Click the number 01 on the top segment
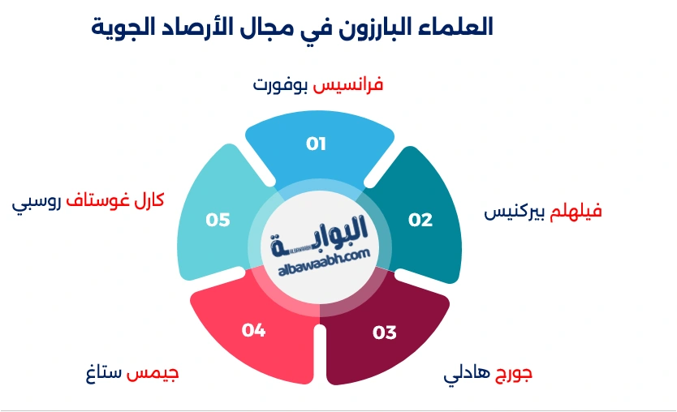point(316,144)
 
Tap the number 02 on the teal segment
point(420,220)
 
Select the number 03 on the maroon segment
point(384,333)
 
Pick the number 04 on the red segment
point(253,330)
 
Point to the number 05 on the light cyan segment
point(218,220)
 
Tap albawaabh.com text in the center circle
point(324,254)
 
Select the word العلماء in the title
point(454,27)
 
